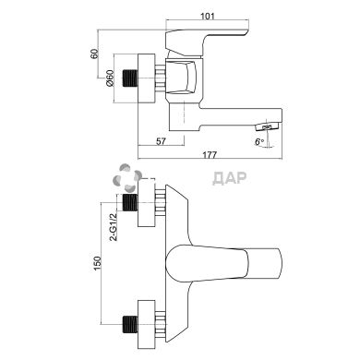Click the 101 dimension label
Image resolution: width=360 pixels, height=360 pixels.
(208, 16)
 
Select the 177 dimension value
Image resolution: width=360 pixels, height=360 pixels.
(210, 154)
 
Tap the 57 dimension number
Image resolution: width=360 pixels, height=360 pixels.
(161, 141)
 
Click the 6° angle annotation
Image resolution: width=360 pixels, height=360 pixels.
(259, 142)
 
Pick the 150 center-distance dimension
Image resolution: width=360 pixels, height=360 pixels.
(97, 263)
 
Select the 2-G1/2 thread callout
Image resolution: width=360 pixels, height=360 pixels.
(114, 226)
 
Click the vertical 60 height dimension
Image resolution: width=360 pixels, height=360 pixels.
(94, 54)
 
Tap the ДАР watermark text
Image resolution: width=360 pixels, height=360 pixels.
(230, 178)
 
